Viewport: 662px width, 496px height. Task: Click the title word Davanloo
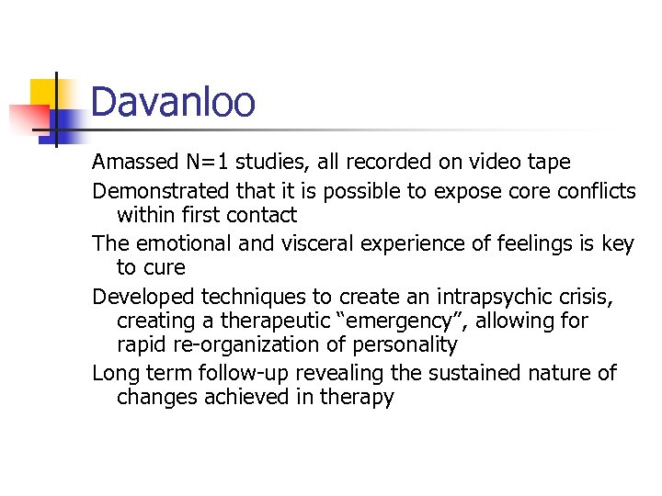(173, 102)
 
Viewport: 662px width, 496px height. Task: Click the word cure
(165, 268)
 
